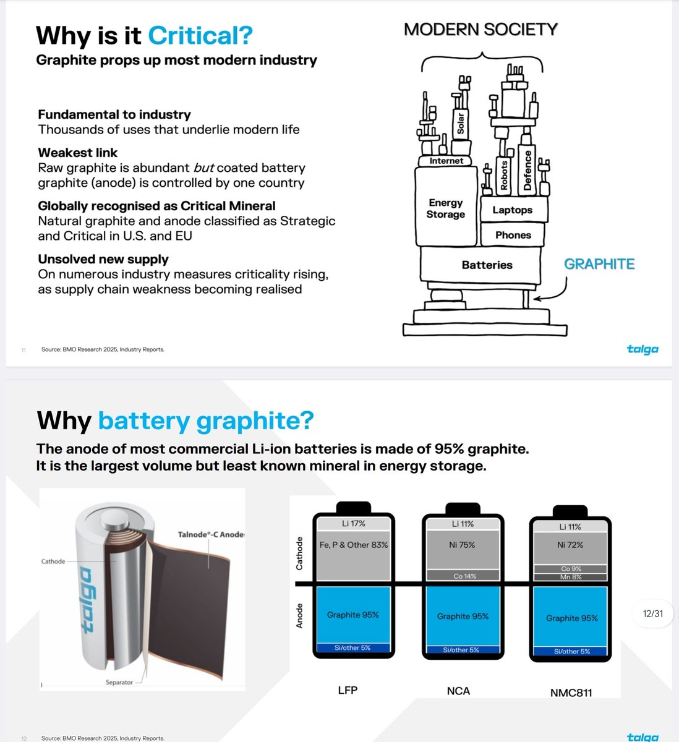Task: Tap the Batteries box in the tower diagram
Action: point(487,265)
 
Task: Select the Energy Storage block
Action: point(445,208)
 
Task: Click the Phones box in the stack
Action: point(513,235)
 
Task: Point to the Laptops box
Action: point(512,210)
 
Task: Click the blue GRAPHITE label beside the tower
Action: point(599,264)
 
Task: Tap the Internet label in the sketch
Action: point(446,161)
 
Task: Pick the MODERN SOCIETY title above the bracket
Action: point(480,29)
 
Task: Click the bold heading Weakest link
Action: point(77,153)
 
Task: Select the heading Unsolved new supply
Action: point(103,259)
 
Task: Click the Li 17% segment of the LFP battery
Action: point(353,524)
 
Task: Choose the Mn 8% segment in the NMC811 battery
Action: point(571,577)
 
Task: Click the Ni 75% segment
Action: point(462,545)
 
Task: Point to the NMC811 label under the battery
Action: point(571,693)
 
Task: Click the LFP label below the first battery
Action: point(348,690)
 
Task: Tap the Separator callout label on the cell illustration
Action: point(119,682)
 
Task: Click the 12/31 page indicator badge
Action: point(652,613)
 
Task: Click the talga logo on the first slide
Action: point(642,349)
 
